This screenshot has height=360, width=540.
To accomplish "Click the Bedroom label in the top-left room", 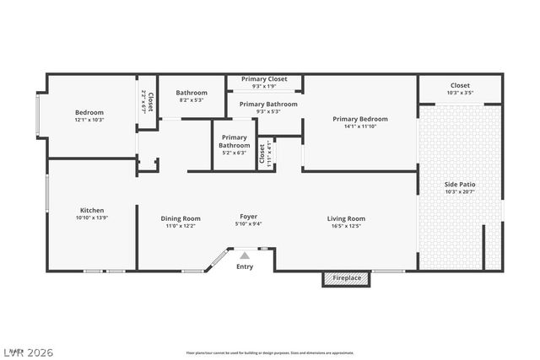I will coord(89,112).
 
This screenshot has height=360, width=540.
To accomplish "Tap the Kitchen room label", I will coord(92,211).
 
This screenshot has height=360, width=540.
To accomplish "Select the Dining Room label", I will coord(181,218).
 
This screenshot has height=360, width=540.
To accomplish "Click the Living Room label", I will coord(346,218).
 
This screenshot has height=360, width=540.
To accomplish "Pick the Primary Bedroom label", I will coord(360,119).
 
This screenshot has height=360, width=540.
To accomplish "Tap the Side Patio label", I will coord(460,184).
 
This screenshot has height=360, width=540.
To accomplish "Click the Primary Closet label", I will coord(264,79).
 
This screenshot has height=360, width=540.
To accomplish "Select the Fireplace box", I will coord(346,278).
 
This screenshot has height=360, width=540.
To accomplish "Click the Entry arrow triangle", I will coord(245,255).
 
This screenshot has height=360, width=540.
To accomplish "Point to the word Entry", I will coord(245,267).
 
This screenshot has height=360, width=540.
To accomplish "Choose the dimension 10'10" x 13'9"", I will coord(92,218).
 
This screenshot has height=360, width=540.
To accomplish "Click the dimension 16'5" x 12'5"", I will coord(346,226).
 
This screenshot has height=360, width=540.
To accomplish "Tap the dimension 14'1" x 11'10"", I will coord(360,126).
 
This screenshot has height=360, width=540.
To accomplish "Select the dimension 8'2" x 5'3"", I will coord(192,100).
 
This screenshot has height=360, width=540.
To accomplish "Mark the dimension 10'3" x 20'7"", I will coord(460,191).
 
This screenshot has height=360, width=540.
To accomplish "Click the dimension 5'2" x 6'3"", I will coord(234,153).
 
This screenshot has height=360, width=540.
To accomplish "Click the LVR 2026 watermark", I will coord(29,348).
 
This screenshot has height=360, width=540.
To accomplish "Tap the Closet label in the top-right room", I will coord(460,85).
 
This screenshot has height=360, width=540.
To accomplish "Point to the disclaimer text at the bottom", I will coord(270,353).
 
